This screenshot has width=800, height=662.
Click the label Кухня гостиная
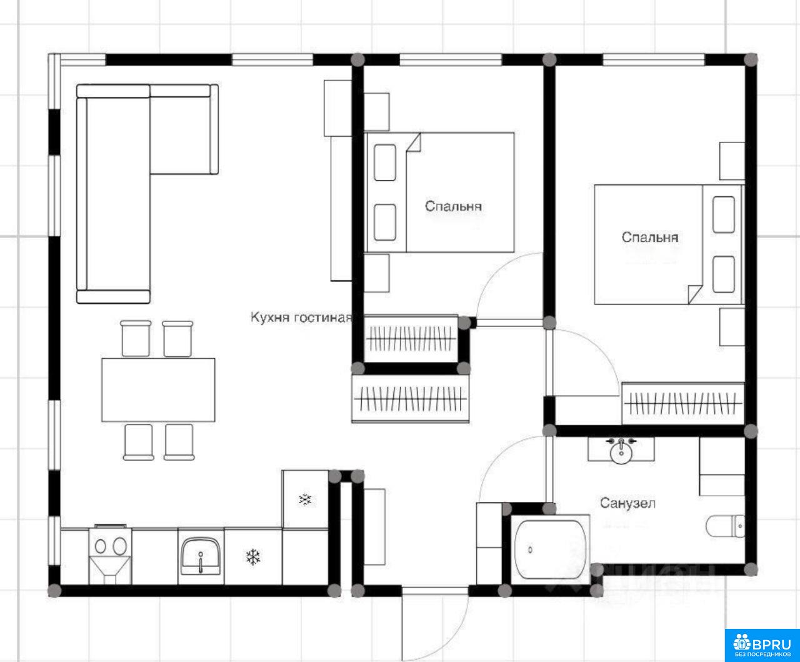301,318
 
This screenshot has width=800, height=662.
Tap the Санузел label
627,503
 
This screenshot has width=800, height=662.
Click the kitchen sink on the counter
201,556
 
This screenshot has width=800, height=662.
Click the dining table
158,390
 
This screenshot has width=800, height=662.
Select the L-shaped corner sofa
147,194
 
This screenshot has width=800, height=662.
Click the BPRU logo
762,644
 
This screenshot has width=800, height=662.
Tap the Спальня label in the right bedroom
650,238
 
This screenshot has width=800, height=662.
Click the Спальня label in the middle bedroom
453,206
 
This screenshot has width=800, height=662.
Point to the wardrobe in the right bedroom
683,403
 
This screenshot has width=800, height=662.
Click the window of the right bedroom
654,59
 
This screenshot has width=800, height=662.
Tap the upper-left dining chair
136,338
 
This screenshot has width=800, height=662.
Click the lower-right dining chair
179,442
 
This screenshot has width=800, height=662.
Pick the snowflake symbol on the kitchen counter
253,556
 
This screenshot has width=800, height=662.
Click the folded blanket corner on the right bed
694,294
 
